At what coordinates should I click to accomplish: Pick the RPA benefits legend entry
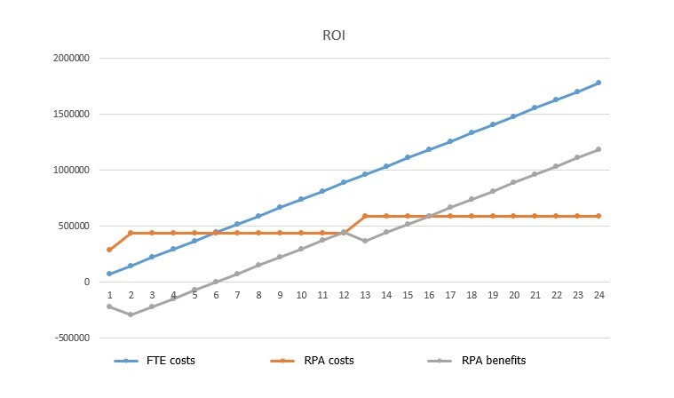[493, 361]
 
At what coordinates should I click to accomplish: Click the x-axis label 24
[599, 295]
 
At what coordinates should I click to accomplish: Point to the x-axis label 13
[365, 295]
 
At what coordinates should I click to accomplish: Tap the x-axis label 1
[110, 295]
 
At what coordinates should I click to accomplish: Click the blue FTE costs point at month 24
[599, 83]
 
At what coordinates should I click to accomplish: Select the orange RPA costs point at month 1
[110, 250]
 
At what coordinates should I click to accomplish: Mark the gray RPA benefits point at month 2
[131, 314]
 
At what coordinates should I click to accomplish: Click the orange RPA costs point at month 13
[365, 216]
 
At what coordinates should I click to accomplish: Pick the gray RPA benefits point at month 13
[365, 241]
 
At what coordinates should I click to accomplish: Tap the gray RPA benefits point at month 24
[599, 149]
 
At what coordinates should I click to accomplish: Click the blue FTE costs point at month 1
[110, 274]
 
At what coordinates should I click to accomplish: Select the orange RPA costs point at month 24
[599, 216]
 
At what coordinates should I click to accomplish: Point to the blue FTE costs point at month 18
[471, 132]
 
